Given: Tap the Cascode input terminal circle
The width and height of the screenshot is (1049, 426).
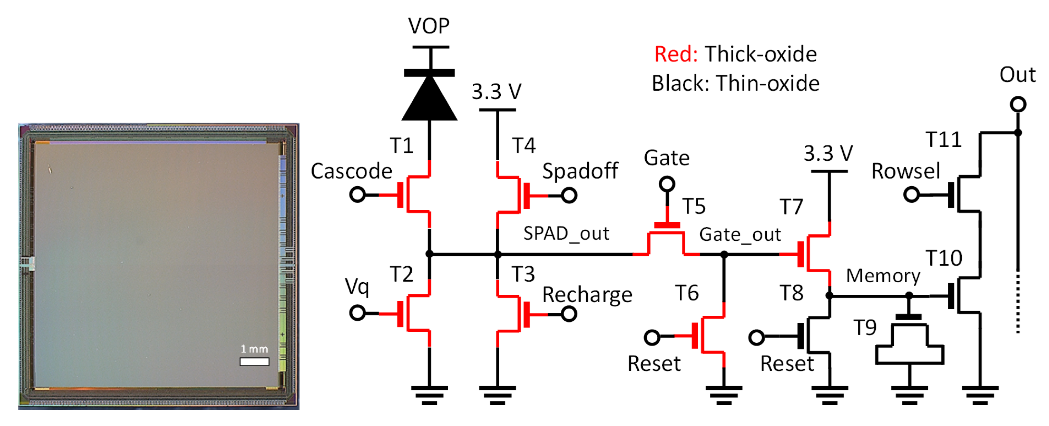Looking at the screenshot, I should click(357, 195).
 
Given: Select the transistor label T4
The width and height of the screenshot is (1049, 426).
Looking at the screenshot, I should click(524, 145).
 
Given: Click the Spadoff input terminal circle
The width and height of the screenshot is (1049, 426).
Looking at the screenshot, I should click(569, 196).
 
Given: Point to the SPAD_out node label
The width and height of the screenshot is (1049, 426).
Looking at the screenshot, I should click(566, 234).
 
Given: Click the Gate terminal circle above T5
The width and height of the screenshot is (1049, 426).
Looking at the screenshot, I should click(667, 184).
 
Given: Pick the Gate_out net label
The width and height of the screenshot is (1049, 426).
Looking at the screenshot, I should click(740, 235).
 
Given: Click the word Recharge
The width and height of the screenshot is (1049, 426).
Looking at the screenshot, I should click(587, 295).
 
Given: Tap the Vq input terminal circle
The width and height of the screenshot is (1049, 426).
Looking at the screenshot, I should click(357, 313).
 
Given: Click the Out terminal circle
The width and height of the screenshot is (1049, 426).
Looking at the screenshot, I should click(1018, 104).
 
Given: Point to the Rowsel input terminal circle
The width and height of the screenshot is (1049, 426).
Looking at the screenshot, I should click(911, 195).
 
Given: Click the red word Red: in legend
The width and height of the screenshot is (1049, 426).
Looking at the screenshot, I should click(676, 54).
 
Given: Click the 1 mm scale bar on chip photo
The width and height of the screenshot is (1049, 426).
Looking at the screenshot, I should click(254, 362).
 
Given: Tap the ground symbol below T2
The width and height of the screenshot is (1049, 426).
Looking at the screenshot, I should click(429, 395).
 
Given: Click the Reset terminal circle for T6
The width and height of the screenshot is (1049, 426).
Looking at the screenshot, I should click(652, 337).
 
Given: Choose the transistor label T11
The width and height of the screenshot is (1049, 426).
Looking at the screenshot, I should click(943, 140).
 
